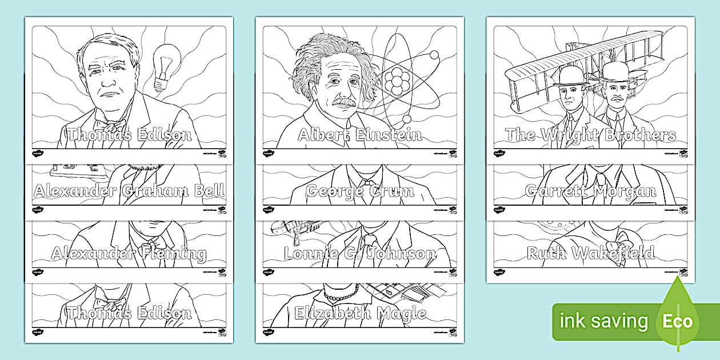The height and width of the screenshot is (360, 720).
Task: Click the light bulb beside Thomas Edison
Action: tap(167, 63)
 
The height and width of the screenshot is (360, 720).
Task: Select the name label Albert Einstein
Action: tap(360, 135)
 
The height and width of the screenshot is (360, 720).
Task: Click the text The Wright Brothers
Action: tap(590, 135)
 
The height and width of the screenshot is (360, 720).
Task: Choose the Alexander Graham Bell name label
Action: tap(129, 191)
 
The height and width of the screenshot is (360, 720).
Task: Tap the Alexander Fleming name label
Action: tap(129, 253)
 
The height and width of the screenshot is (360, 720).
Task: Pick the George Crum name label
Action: tap(360, 191)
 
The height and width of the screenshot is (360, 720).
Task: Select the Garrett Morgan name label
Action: tap(590, 191)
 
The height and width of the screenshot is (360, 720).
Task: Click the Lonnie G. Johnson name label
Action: tap(360, 253)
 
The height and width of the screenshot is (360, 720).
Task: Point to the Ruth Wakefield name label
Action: tap(590, 253)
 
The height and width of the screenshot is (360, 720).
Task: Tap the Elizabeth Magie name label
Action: tap(360, 313)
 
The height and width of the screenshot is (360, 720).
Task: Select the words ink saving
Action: tap(603, 321)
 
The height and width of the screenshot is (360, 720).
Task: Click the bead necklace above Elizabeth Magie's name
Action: tap(341, 294)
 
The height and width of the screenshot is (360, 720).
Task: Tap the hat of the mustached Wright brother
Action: tap(614, 71)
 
